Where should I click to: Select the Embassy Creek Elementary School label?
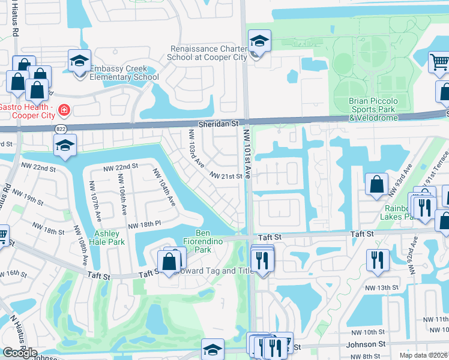pos(124,73)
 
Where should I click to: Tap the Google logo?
pos(20,352)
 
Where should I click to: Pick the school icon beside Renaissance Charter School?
pos(259,41)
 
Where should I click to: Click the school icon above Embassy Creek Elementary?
pos(79,61)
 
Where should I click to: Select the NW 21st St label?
pos(226,176)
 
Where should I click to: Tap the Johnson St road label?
pos(366,344)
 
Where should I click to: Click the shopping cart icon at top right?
pos(439,62)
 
